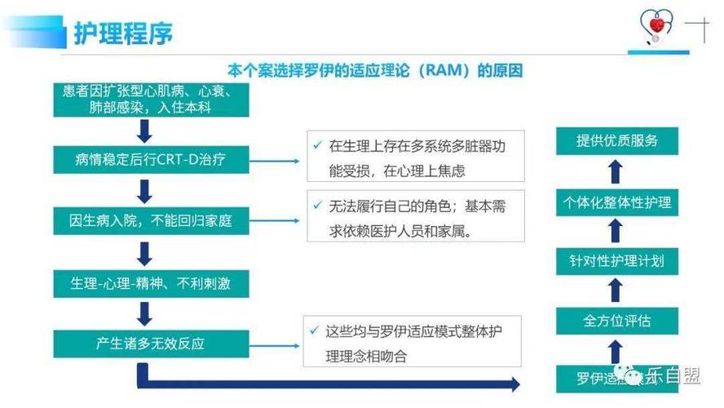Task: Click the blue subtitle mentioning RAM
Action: (x=374, y=71)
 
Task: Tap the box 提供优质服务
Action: (x=617, y=140)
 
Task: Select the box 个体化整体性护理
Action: (x=617, y=202)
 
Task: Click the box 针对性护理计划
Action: (x=617, y=261)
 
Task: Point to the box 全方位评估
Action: (x=617, y=321)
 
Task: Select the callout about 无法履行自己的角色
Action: (x=416, y=218)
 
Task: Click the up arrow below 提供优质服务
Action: (x=617, y=171)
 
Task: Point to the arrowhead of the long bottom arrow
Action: (x=511, y=384)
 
